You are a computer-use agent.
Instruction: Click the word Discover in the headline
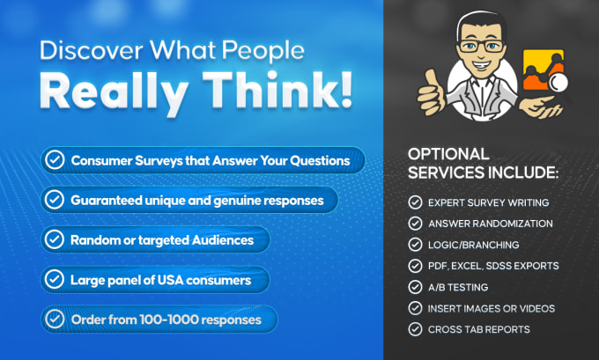[92, 50]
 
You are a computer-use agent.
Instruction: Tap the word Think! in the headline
[277, 92]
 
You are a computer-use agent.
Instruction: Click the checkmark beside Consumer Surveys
[55, 160]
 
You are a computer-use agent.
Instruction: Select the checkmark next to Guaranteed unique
[55, 200]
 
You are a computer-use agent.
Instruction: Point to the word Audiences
[223, 240]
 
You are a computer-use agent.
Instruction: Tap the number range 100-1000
[168, 320]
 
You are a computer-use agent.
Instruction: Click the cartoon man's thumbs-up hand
[432, 92]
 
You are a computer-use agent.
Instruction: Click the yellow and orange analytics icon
[544, 70]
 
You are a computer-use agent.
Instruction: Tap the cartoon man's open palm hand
[541, 107]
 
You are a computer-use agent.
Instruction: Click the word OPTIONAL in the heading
[448, 154]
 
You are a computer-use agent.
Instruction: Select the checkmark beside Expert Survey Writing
[415, 202]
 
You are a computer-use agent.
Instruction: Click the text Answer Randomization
[491, 224]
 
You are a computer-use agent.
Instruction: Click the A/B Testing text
[458, 287]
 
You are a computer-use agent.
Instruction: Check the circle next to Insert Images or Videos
[415, 308]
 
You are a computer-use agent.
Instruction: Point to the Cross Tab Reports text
[479, 329]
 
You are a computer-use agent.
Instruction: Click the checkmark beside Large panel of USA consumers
[55, 279]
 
